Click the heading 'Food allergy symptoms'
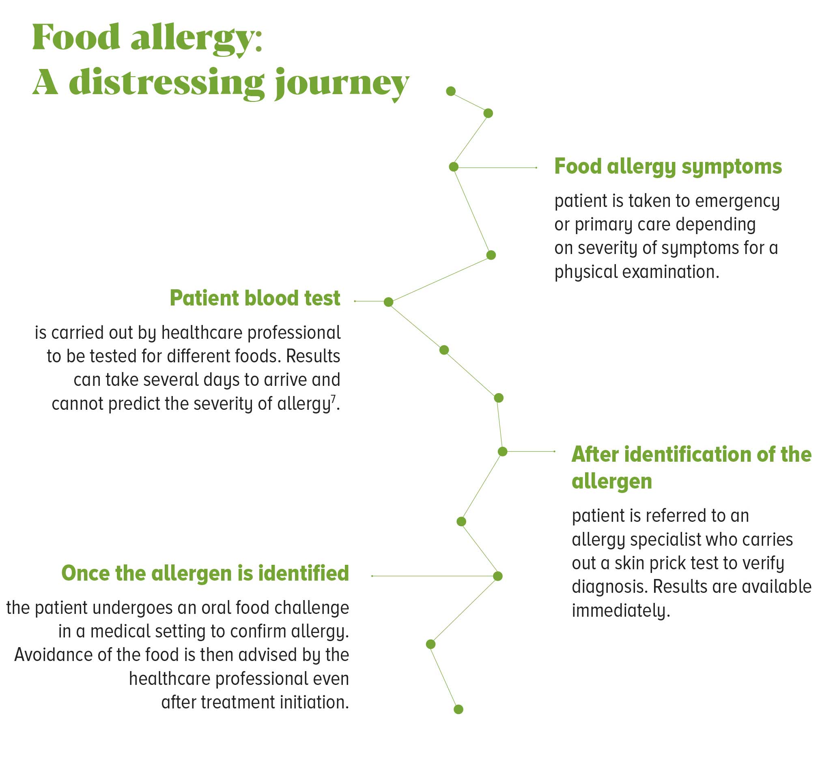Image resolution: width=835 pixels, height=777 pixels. click(x=668, y=167)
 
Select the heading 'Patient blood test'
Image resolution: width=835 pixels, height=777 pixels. click(x=255, y=298)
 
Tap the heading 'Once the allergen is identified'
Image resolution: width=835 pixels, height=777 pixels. click(x=205, y=573)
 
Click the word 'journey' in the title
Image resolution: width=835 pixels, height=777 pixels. click(x=342, y=84)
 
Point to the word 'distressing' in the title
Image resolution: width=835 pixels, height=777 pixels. click(x=167, y=83)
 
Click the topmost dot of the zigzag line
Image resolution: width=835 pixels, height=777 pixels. click(x=451, y=91)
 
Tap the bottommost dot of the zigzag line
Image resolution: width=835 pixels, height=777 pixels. click(x=458, y=709)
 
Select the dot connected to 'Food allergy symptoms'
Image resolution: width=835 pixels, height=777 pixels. click(x=454, y=167)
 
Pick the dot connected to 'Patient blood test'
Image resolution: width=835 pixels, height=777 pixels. click(x=389, y=302)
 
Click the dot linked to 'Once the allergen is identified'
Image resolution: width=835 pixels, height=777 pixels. click(x=498, y=576)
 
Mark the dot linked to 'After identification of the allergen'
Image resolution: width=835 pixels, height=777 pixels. click(x=502, y=452)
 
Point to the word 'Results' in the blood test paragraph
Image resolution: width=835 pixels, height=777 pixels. click(x=313, y=356)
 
